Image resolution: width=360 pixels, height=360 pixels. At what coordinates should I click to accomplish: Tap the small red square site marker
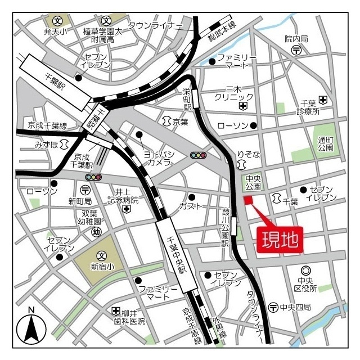coord(248,201)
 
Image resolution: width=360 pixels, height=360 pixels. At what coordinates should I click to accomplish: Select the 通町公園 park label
coord(325,144)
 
